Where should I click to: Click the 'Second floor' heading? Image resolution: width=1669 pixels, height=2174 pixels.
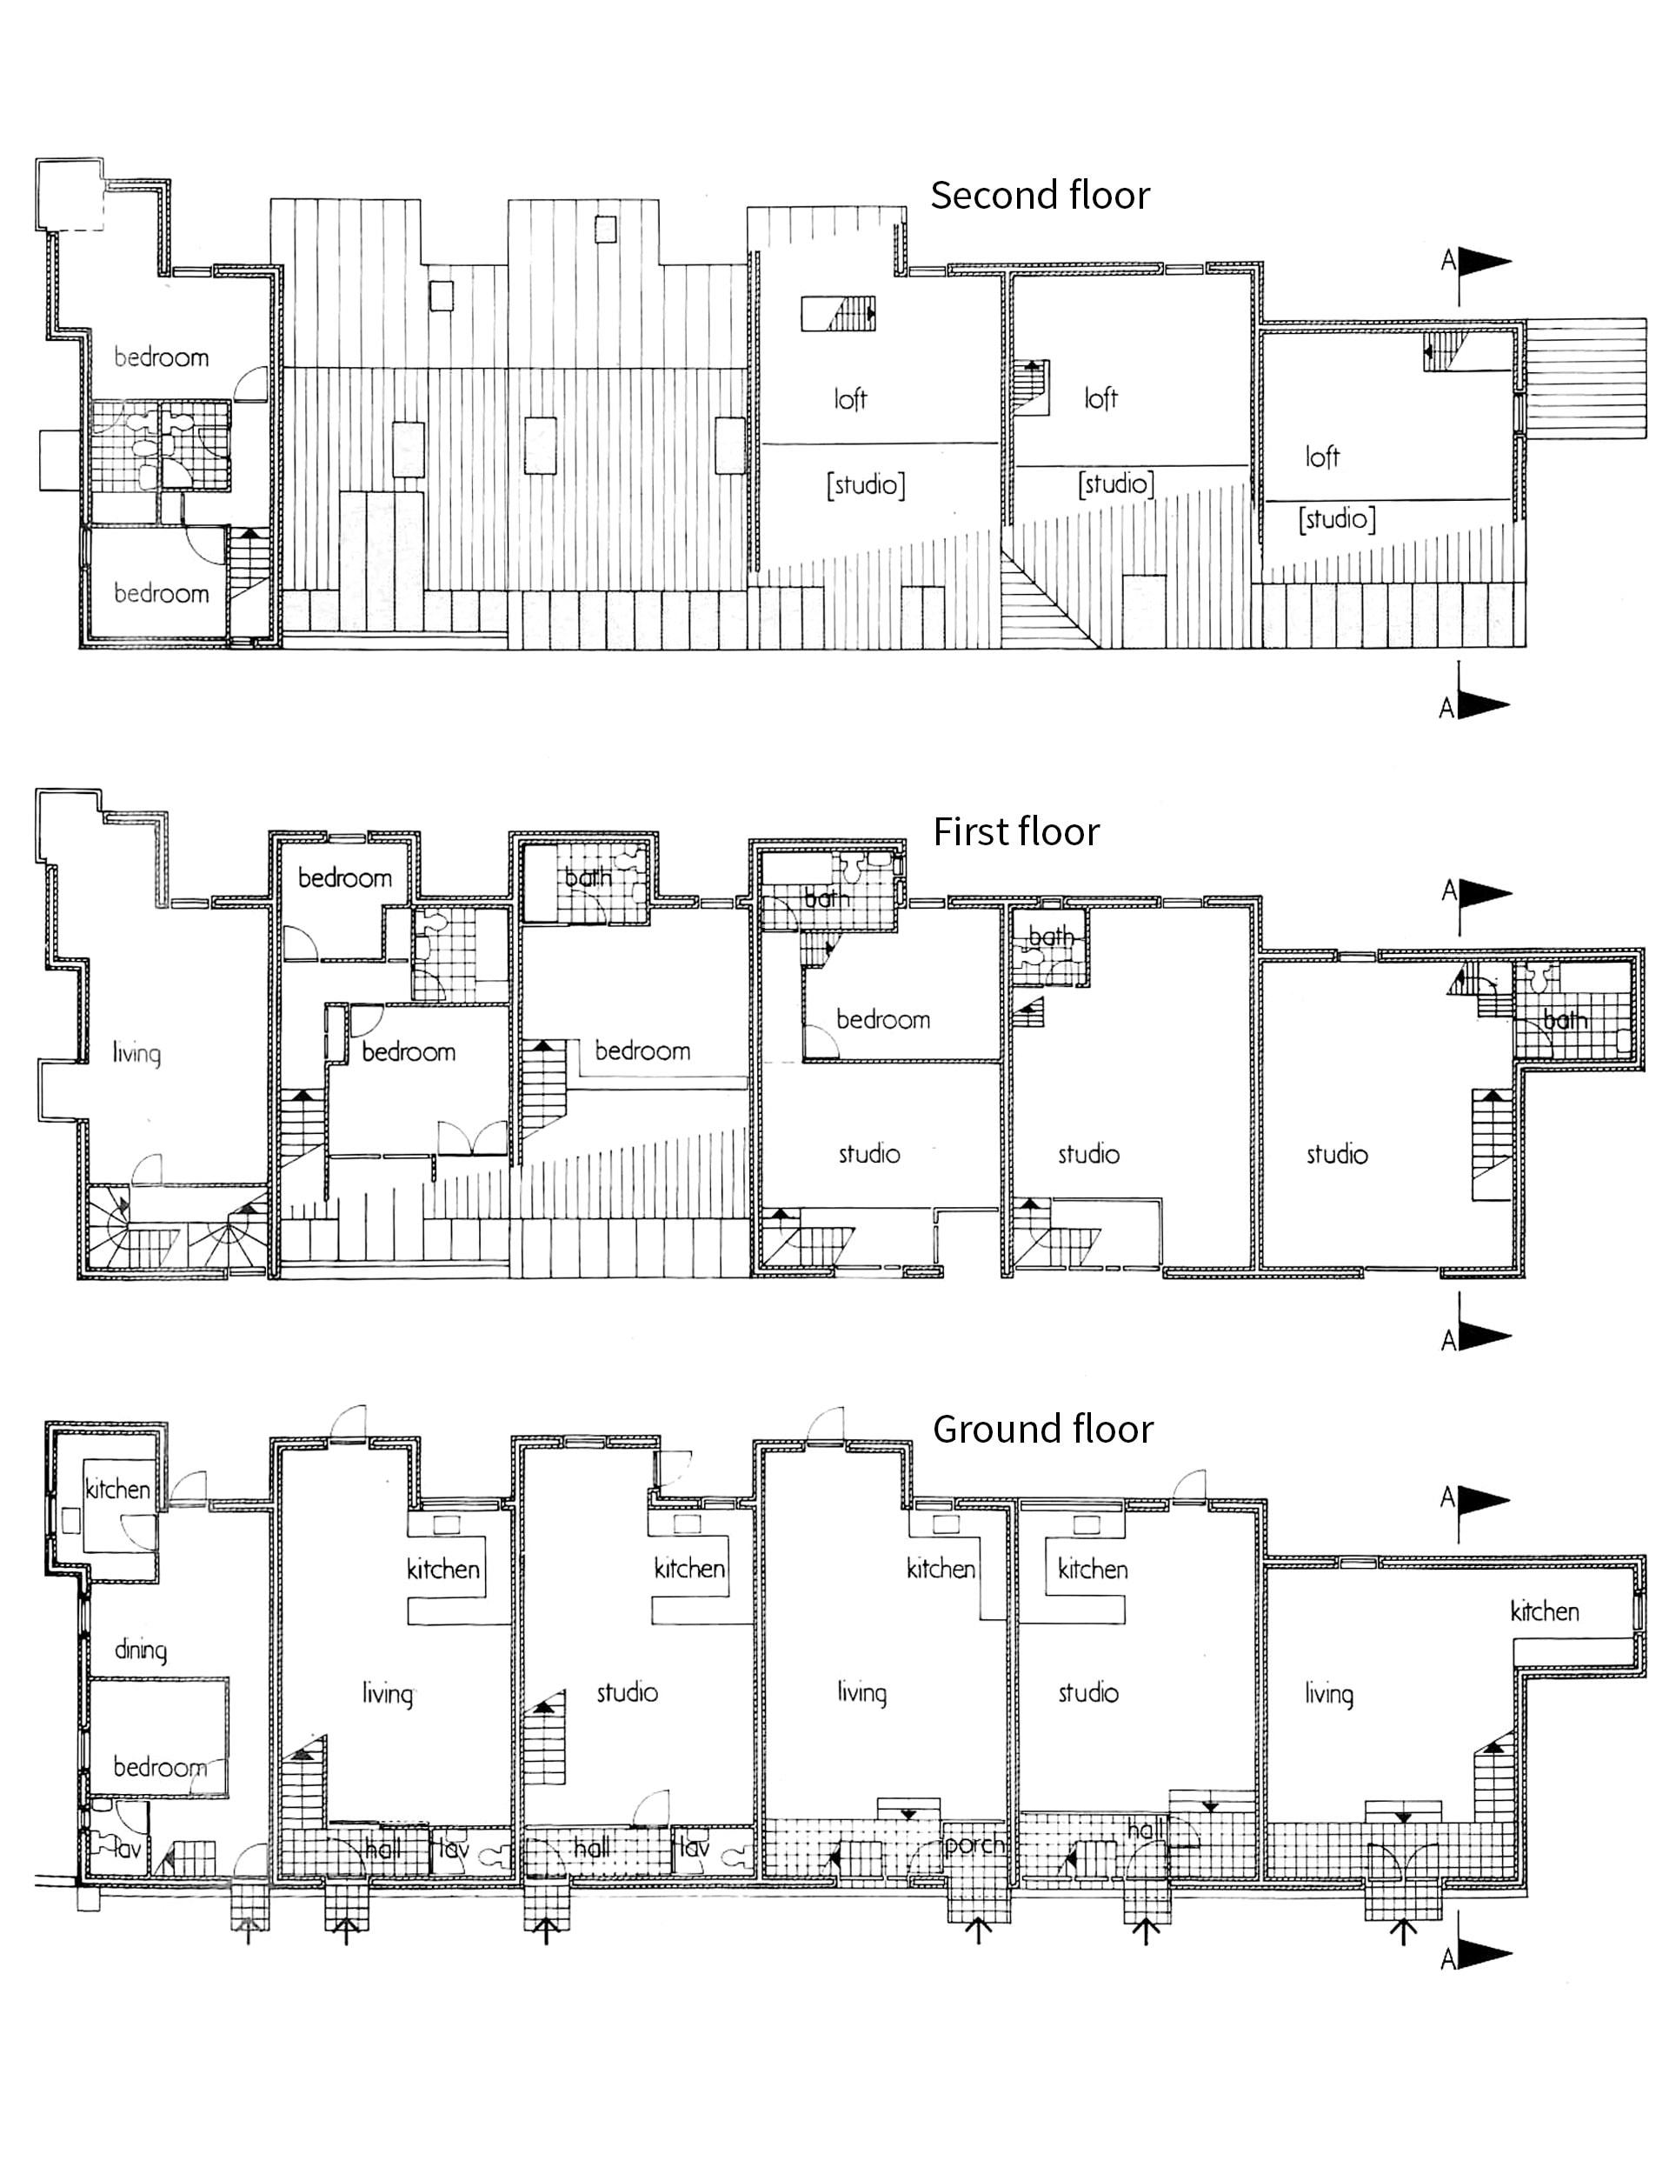[1039, 195]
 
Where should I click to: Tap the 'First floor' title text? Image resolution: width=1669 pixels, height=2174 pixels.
[1015, 831]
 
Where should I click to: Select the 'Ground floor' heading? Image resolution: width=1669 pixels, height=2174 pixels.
[1042, 1429]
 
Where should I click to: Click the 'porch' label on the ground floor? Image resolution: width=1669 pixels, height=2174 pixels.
[974, 1845]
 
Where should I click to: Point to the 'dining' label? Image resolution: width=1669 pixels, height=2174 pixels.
[140, 1651]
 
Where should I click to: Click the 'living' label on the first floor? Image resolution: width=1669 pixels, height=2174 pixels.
[136, 1053]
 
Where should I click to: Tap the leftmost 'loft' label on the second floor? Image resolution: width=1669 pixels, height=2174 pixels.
[850, 398]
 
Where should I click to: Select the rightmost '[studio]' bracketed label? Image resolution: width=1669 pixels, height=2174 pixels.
[1336, 518]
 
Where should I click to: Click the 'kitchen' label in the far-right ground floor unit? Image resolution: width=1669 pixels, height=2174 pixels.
[1544, 1611]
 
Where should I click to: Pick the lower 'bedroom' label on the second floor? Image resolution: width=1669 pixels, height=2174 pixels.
[161, 593]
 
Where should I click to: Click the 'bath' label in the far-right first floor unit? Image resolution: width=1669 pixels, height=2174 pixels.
[1565, 1019]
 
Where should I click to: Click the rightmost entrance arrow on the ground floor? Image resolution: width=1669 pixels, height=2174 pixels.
[1403, 1930]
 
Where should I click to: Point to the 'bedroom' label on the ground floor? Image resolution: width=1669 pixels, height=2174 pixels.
[160, 1767]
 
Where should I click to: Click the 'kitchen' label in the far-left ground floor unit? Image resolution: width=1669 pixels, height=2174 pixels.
[117, 1490]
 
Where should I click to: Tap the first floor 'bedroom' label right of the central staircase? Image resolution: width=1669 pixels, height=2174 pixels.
[642, 1051]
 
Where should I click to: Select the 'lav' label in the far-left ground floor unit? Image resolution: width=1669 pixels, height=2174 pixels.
[126, 1849]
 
